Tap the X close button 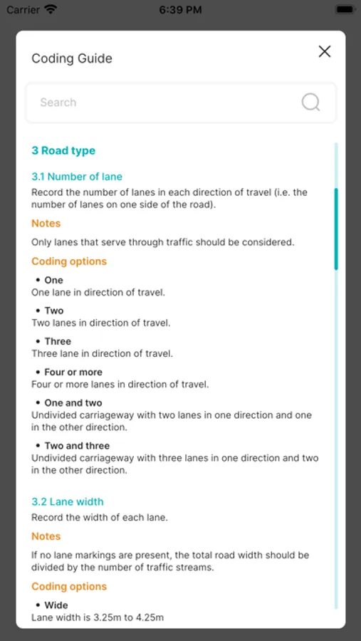pos(325,51)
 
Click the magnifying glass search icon pos(310,103)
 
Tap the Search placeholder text pos(58,103)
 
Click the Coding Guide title pos(72,58)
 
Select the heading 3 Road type pos(63,150)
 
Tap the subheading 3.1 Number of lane pos(77,177)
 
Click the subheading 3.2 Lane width pos(68,501)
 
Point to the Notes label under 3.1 pos(46,224)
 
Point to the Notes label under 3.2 pos(46,536)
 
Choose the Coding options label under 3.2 pos(69,587)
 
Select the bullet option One pos(53,280)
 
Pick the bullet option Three pos(58,341)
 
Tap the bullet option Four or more pos(73,372)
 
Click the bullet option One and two pos(73,402)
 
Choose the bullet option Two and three pos(77,446)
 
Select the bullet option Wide pos(56,605)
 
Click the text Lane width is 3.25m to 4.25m pos(98,617)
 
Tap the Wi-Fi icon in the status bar pos(51,10)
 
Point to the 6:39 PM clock pos(180,10)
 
